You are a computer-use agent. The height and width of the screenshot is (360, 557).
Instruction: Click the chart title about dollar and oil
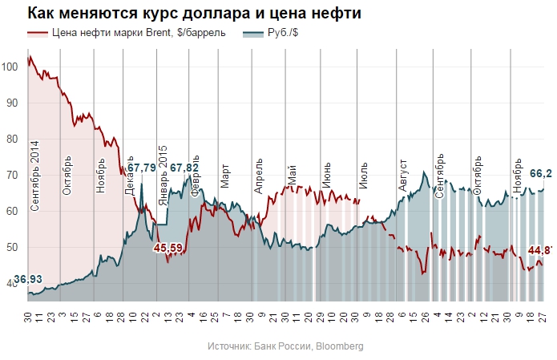(183, 14)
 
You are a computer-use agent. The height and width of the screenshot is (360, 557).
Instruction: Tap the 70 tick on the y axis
(12, 175)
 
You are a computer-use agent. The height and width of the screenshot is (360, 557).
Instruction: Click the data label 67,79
(142, 168)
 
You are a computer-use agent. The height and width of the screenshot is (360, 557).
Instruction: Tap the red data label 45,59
(168, 248)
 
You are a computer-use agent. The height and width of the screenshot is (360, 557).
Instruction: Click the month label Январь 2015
(163, 175)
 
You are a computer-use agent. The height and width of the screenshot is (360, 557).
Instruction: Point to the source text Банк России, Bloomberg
(285, 346)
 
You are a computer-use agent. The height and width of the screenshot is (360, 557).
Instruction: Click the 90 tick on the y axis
(12, 103)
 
